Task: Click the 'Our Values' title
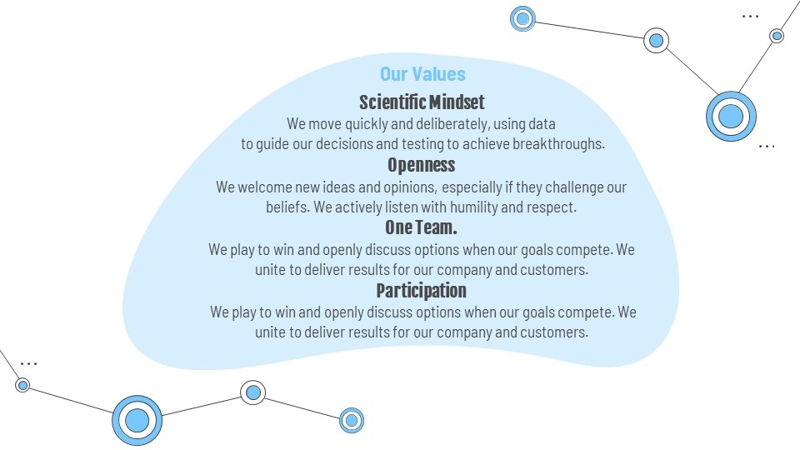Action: click(x=422, y=74)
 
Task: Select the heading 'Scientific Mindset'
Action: click(x=422, y=102)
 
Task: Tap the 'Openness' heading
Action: click(x=422, y=165)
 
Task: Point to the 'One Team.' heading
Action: click(x=421, y=227)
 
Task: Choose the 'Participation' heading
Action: click(x=422, y=291)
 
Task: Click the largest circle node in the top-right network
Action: click(x=731, y=117)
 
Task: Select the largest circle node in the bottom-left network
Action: click(x=137, y=420)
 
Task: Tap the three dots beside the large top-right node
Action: click(x=767, y=147)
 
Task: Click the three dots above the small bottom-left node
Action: click(x=28, y=364)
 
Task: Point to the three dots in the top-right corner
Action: click(x=750, y=17)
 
